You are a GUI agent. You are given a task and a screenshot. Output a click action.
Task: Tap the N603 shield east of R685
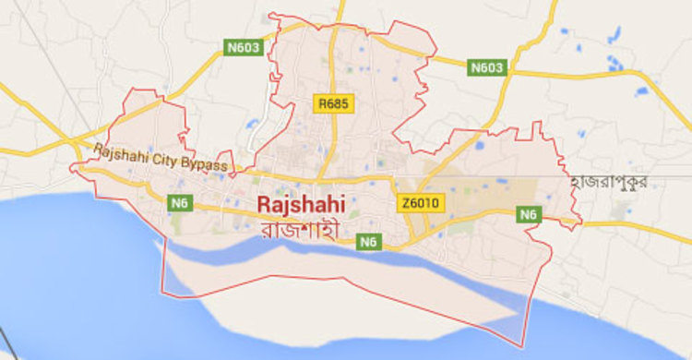click(487, 67)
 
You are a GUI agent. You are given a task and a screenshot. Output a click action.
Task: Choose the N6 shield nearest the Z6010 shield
click(368, 242)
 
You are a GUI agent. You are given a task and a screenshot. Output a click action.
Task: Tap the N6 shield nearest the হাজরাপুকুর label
click(528, 215)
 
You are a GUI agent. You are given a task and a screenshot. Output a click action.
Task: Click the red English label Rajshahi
click(295, 203)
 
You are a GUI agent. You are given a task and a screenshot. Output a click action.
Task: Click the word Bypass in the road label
click(209, 165)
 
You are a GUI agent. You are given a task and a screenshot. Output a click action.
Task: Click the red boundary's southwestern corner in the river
click(163, 294)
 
